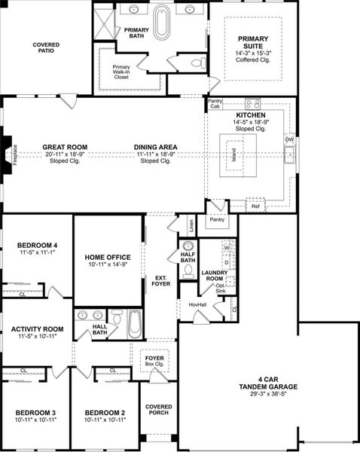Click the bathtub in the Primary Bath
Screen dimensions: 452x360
pyautogui.click(x=162, y=22)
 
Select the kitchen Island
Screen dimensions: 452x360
pyautogui.click(x=235, y=155)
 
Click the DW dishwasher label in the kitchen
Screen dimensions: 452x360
pyautogui.click(x=288, y=139)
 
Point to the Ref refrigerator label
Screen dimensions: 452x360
pyautogui.click(x=256, y=205)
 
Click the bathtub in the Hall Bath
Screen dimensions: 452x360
pyautogui.click(x=134, y=325)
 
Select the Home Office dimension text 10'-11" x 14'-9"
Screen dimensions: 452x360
pyautogui.click(x=106, y=264)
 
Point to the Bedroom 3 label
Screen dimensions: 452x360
pyautogui.click(x=35, y=413)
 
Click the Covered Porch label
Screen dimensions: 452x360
pyautogui.click(x=159, y=410)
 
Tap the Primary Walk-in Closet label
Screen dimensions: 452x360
pyautogui.click(x=121, y=71)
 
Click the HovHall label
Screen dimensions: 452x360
pyautogui.click(x=197, y=304)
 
